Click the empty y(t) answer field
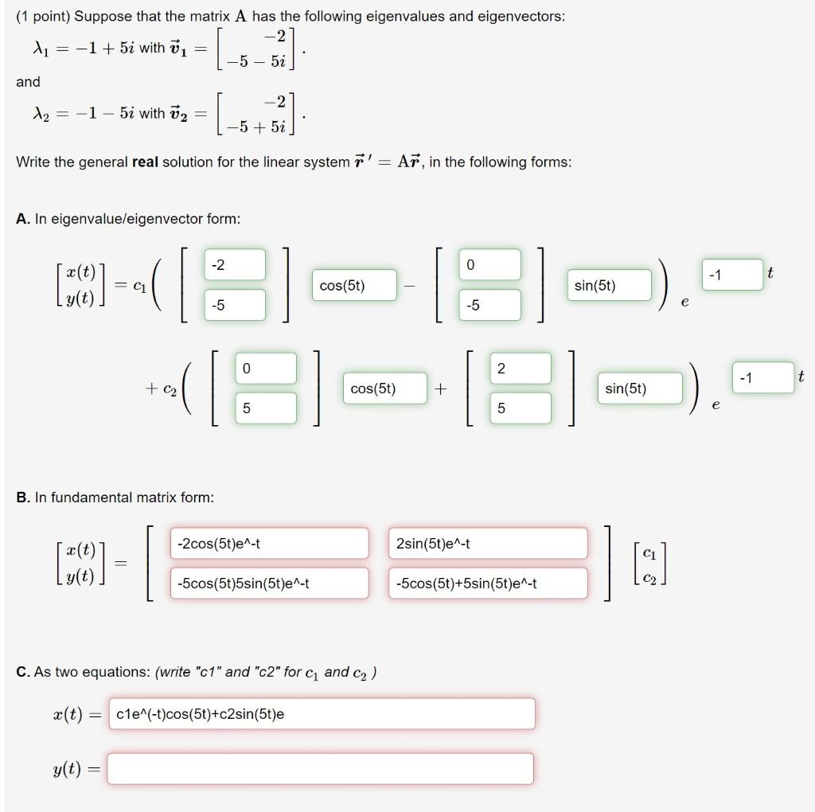320,768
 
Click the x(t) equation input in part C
320,713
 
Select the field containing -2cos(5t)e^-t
269,543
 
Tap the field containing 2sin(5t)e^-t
487,543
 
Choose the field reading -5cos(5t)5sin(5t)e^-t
269,583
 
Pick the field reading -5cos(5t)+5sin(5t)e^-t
487,583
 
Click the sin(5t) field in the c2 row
641,388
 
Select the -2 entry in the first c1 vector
236,264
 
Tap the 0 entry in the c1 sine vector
490,264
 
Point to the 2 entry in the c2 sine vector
521,368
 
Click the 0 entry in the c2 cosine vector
266,368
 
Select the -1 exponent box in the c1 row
731,275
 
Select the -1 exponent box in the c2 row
762,377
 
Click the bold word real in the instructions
145,162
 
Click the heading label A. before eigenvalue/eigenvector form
23,219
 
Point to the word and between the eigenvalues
28,82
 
